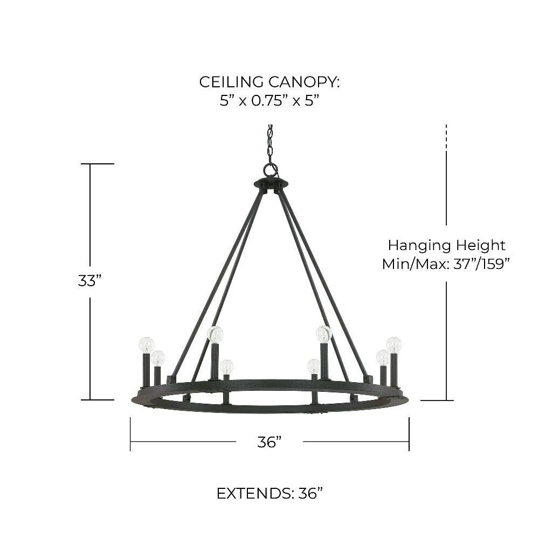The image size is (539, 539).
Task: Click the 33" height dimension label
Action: [x=90, y=281]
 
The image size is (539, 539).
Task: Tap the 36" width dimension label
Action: [x=269, y=442]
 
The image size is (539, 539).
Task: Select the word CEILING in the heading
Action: [x=231, y=82]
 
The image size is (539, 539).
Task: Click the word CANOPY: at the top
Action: [x=304, y=82]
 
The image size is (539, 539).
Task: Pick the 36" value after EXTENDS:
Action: [x=310, y=494]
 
